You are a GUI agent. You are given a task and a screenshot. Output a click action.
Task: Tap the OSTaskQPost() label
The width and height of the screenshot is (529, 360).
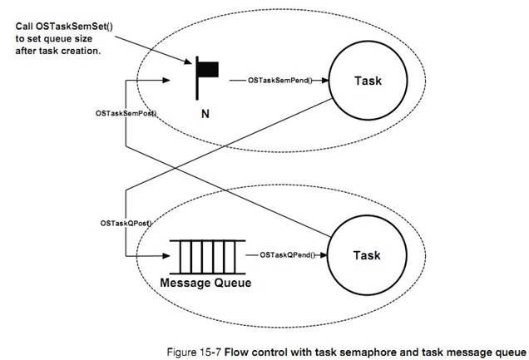point(125,223)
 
